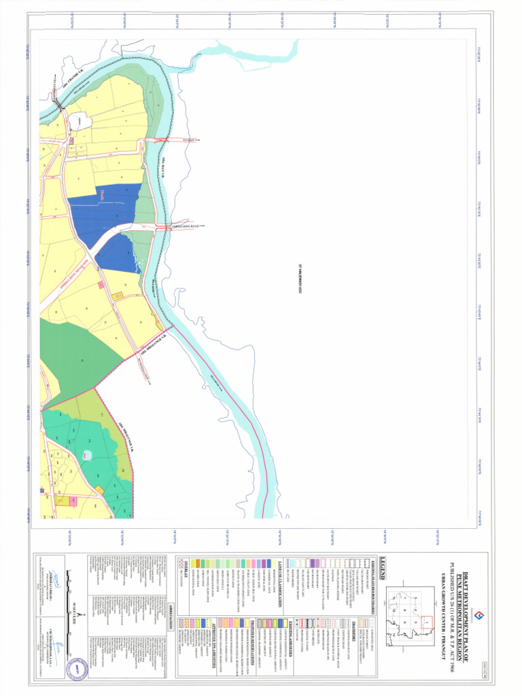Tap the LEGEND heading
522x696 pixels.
(x=384, y=565)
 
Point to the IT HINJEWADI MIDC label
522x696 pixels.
(x=300, y=279)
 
